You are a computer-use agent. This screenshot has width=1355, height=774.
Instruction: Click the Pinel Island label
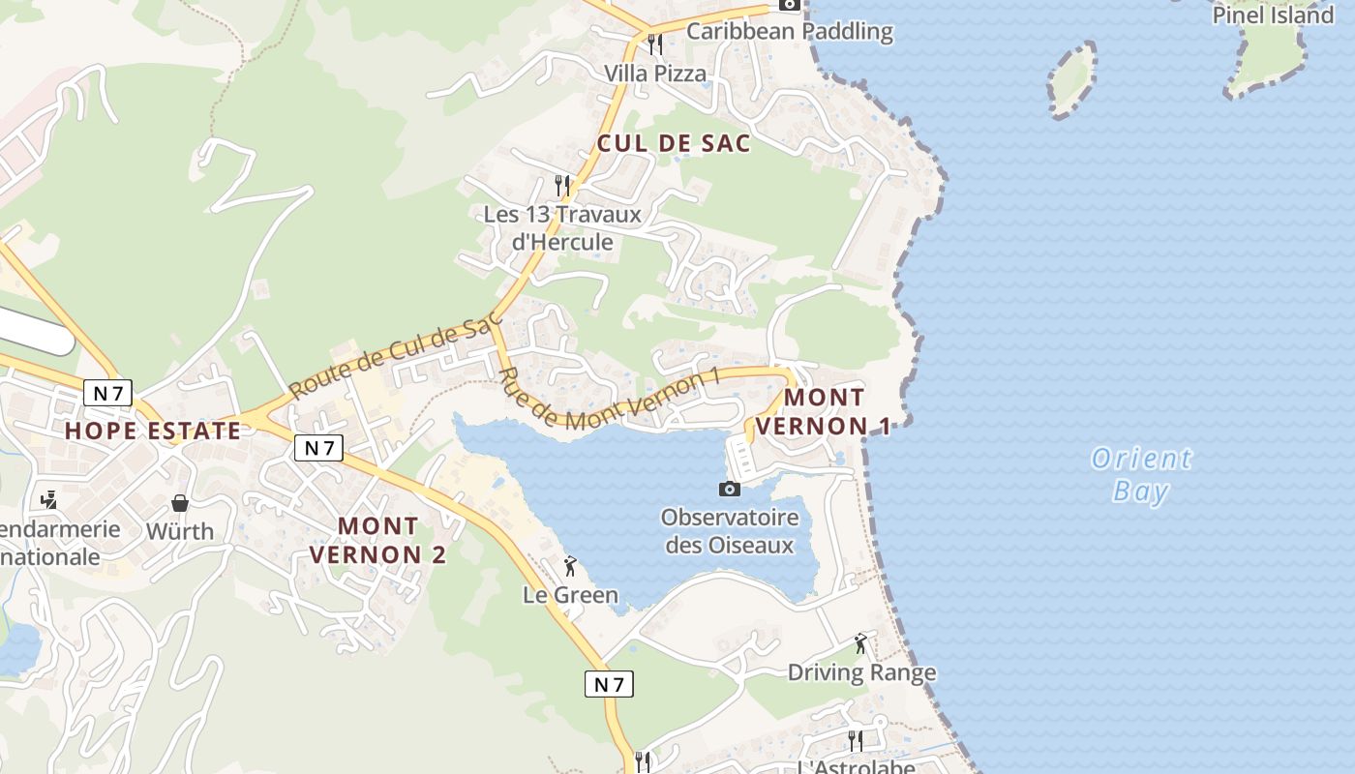click(x=1273, y=15)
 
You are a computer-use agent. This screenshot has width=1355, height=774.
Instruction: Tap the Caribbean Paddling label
click(x=790, y=31)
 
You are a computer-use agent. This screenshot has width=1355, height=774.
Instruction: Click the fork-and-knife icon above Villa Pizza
click(x=655, y=45)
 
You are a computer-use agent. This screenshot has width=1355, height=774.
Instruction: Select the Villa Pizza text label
click(x=655, y=73)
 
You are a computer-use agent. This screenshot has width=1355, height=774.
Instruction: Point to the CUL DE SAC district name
click(x=674, y=143)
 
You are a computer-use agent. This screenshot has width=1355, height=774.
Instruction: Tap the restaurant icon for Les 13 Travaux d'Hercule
click(x=561, y=184)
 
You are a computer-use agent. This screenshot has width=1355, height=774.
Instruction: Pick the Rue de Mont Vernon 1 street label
click(x=611, y=397)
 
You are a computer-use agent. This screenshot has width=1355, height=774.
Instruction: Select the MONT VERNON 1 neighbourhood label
click(x=824, y=411)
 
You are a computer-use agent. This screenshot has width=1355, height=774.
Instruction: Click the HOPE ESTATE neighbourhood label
click(x=153, y=431)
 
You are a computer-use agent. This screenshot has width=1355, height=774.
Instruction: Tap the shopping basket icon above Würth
click(x=180, y=503)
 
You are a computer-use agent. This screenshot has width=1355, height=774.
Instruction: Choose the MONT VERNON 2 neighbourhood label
click(x=377, y=540)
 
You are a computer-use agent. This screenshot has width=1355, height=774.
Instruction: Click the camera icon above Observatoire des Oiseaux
click(x=730, y=489)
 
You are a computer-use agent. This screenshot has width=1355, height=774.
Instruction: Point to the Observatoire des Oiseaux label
click(x=730, y=531)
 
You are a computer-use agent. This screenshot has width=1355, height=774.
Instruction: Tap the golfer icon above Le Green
click(x=570, y=566)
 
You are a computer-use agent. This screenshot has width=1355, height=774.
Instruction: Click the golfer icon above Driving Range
click(x=860, y=643)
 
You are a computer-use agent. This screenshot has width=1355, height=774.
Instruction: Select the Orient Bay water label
click(x=1141, y=474)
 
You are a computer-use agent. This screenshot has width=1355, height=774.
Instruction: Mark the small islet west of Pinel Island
click(x=1072, y=79)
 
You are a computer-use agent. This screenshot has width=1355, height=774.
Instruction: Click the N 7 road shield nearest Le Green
click(x=609, y=684)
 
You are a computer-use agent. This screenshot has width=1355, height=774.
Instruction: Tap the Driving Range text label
click(x=861, y=672)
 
